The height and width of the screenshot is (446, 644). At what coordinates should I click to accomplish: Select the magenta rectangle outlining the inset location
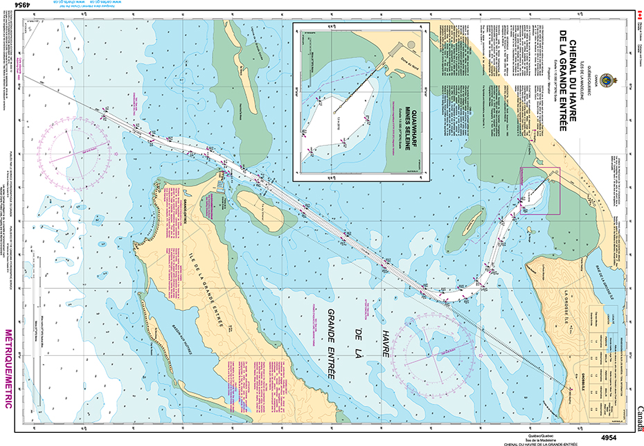click(540, 190)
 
